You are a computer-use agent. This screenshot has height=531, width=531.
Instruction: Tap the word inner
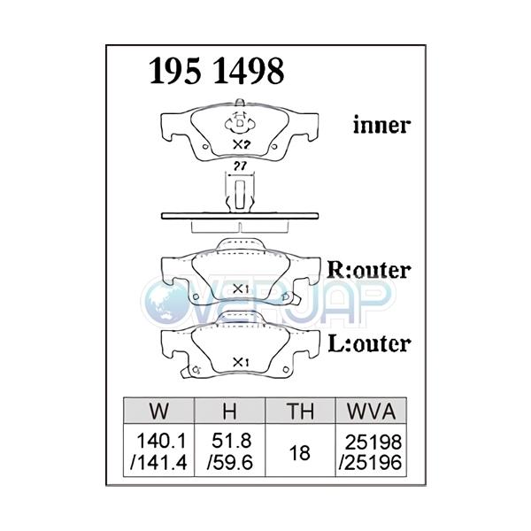coord(381,126)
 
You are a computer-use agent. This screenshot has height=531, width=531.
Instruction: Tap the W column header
coord(161,411)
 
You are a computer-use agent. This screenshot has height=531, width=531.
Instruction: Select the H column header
coord(227,411)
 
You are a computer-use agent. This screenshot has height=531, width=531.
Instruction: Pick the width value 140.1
coord(160,441)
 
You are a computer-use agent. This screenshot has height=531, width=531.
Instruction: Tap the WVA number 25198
coord(370,441)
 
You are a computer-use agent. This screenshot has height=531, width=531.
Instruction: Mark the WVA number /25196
coord(370,461)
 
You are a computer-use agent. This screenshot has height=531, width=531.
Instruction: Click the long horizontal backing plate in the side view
coord(239,217)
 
